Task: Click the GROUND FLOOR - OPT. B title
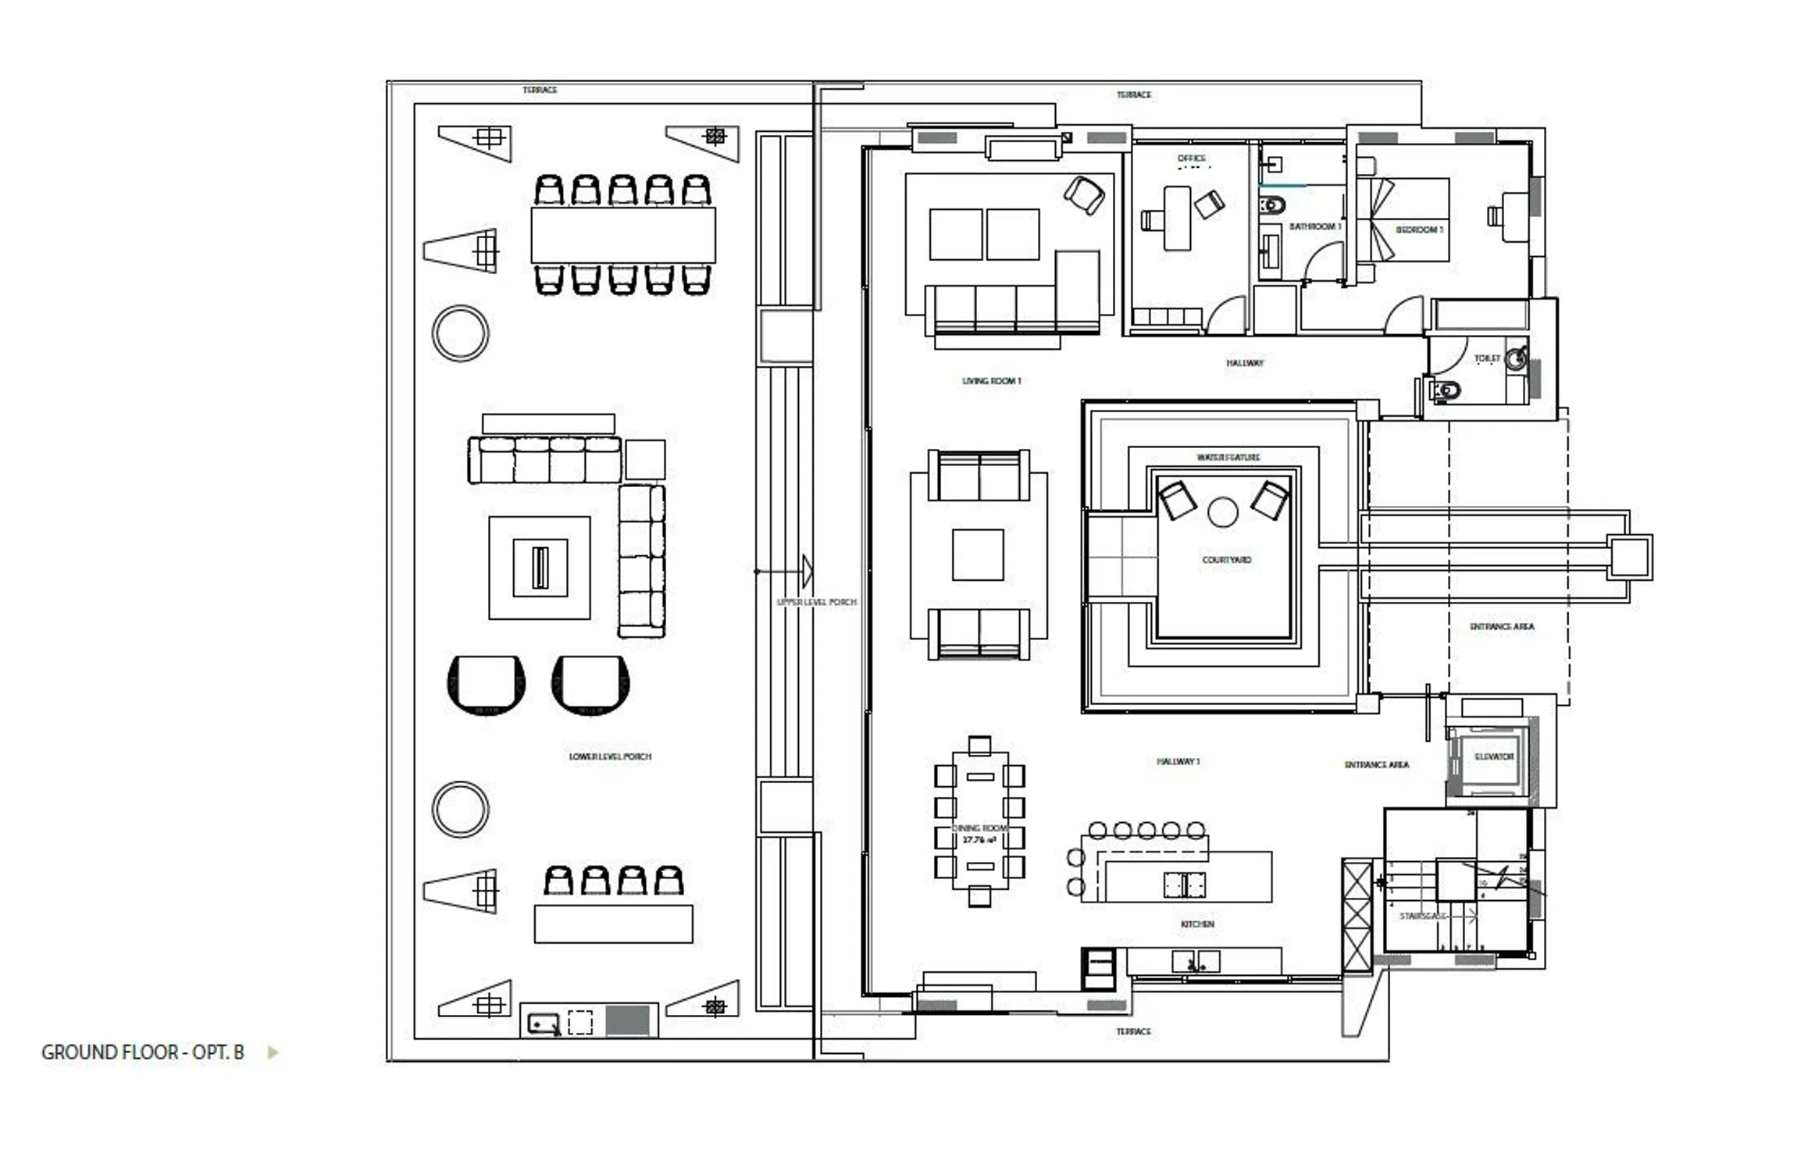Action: (x=143, y=1052)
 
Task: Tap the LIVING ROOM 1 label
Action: (x=991, y=381)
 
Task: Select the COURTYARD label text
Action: (x=1226, y=560)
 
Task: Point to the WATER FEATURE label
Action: (x=1228, y=457)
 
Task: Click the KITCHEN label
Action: (x=1197, y=924)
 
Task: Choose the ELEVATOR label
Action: (x=1493, y=756)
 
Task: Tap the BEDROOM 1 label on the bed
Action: (x=1419, y=230)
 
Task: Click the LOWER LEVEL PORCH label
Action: (x=610, y=756)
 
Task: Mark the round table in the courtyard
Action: (x=1222, y=513)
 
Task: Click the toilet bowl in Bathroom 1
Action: (x=1272, y=206)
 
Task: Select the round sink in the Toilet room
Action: (x=1516, y=358)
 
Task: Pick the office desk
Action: (x=1177, y=219)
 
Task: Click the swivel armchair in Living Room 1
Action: (x=1084, y=194)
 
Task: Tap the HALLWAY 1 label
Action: (x=1178, y=761)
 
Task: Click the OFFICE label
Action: (x=1192, y=158)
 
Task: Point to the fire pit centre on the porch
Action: (x=540, y=568)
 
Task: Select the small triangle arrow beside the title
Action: (x=273, y=1052)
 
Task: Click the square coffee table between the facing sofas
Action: (x=978, y=555)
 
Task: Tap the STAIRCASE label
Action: (x=1422, y=916)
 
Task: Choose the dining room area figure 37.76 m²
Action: (x=979, y=840)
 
